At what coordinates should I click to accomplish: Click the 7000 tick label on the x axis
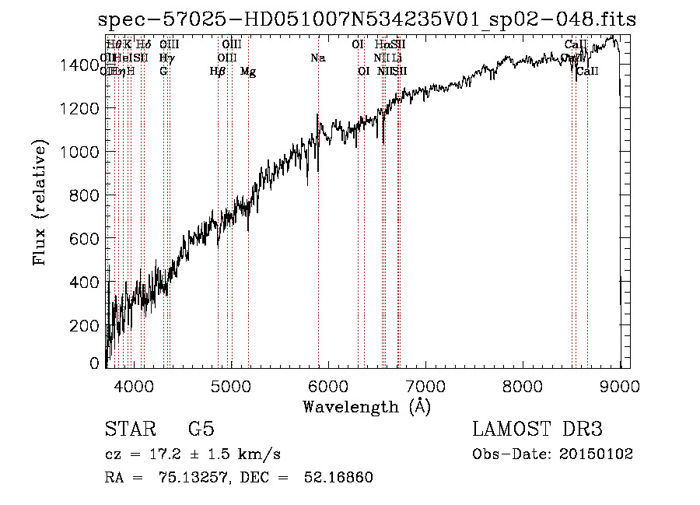point(425,385)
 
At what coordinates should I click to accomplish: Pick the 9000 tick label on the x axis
point(620,385)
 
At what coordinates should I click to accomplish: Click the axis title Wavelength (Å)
point(366,406)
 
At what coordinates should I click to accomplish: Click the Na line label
point(317,58)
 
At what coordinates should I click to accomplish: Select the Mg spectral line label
point(248,72)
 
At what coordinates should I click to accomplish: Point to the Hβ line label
point(218,72)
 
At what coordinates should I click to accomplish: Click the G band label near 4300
point(163,72)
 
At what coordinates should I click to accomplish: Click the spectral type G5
point(201,430)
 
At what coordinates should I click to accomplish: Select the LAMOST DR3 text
point(537,430)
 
